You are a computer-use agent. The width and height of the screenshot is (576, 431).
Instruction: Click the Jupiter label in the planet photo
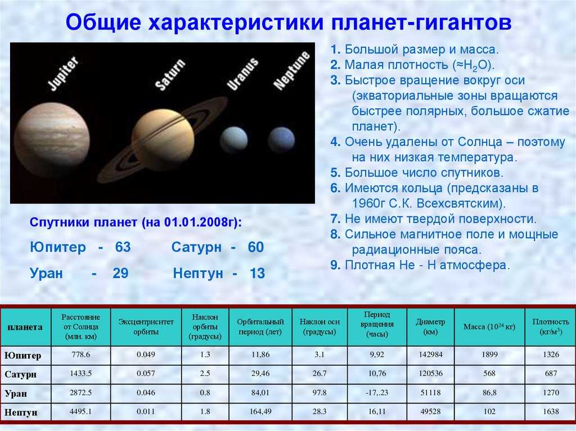click(64, 73)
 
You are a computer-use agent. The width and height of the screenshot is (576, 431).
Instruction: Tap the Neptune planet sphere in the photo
click(281, 139)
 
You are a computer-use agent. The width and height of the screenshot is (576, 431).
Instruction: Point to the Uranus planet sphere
click(233, 139)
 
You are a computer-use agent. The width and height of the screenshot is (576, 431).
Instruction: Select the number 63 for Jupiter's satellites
click(122, 248)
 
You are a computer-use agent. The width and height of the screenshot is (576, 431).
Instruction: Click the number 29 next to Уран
click(120, 274)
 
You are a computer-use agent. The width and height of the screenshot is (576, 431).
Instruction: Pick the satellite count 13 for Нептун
click(256, 274)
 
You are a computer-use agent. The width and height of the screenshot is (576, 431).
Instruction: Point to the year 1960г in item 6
click(373, 202)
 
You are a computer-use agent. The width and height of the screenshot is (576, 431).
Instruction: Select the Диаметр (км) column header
click(430, 326)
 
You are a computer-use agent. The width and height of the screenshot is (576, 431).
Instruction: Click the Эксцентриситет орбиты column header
click(146, 326)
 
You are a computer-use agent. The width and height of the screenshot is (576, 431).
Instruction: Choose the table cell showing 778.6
click(80, 355)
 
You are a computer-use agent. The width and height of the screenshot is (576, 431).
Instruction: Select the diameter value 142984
click(430, 355)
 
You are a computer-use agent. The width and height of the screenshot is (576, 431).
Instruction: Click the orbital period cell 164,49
click(260, 412)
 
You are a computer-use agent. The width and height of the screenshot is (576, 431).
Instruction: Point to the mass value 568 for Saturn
click(489, 374)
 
